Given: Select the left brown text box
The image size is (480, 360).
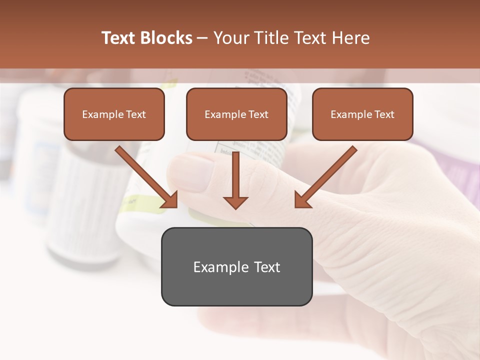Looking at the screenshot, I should point(114,114).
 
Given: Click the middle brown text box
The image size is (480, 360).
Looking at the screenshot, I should point(236,114).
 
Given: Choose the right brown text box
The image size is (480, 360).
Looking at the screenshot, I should point(362,114).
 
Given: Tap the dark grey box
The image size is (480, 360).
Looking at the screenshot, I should point(236,266).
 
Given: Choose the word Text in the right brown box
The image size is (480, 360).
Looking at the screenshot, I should point(384,114).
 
